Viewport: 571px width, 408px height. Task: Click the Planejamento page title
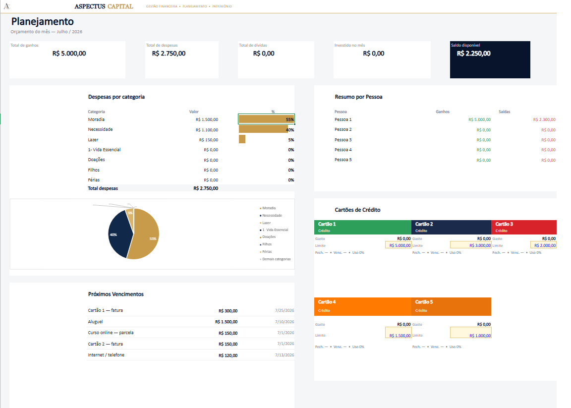click(42, 21)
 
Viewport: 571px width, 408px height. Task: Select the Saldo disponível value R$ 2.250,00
click(473, 54)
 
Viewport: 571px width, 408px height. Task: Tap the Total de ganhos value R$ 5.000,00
click(69, 54)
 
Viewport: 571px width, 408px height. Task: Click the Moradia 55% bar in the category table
click(266, 119)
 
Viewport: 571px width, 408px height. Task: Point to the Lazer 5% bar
click(242, 139)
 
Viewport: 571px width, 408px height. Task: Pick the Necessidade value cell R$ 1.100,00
click(207, 130)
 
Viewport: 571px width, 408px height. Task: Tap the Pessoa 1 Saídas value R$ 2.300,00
click(544, 119)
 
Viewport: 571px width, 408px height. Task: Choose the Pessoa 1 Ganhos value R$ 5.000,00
click(480, 119)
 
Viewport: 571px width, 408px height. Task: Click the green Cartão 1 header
click(363, 227)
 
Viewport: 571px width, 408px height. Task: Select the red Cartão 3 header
click(523, 227)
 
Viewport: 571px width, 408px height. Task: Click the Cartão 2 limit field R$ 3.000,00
click(471, 245)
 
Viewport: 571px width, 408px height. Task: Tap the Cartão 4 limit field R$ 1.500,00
click(399, 332)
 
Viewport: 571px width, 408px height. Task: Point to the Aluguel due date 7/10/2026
click(285, 322)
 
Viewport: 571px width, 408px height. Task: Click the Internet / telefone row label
click(106, 355)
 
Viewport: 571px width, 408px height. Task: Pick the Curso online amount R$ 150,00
click(228, 333)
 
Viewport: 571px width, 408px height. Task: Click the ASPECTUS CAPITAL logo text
click(104, 6)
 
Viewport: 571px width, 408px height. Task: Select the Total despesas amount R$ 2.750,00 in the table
click(206, 188)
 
